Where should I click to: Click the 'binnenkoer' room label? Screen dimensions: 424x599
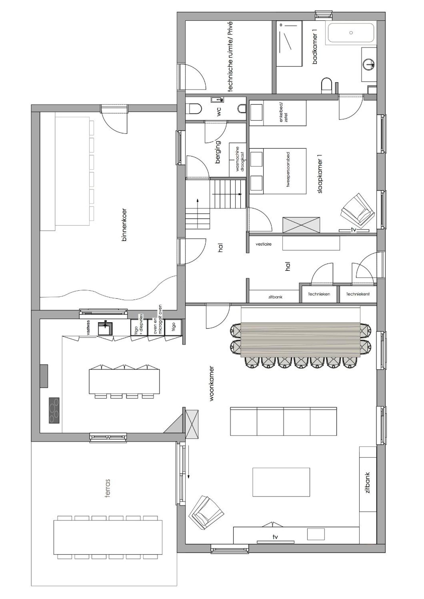point(124,225)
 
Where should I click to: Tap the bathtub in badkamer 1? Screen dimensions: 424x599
point(351,33)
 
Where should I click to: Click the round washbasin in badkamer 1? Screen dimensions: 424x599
point(369,64)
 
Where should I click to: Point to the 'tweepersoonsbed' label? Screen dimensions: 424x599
point(289,169)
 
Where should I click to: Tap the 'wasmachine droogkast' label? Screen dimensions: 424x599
point(240,159)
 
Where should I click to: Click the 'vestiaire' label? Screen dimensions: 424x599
point(263,244)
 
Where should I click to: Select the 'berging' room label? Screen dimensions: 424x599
point(218,152)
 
